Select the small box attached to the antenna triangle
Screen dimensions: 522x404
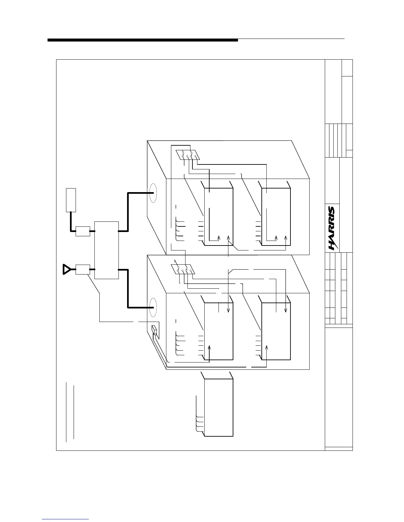(x=83, y=269)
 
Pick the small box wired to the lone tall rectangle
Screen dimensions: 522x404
(x=83, y=231)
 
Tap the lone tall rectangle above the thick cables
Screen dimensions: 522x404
(x=71, y=200)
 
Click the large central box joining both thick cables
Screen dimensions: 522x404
(x=107, y=250)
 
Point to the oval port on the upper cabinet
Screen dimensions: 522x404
(x=152, y=193)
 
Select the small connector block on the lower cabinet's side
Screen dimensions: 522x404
(x=154, y=331)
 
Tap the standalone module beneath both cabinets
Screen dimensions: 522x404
(x=219, y=408)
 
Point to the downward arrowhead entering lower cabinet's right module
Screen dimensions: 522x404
(x=286, y=310)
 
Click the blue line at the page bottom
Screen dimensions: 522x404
(x=65, y=519)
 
